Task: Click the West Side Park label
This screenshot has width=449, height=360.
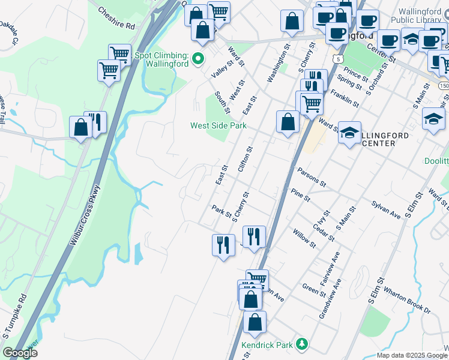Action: tap(218, 126)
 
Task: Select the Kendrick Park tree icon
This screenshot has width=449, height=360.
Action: tap(304, 344)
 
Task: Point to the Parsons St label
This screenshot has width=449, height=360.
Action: tap(310, 176)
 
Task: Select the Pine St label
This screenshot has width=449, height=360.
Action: tap(300, 194)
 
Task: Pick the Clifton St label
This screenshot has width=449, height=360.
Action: tap(245, 160)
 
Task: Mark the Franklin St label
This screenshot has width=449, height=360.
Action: tap(343, 100)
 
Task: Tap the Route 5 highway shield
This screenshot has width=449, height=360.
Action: tap(339, 59)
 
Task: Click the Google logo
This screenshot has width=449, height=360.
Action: tap(20, 353)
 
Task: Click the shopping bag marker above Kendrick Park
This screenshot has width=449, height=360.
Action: tap(255, 322)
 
